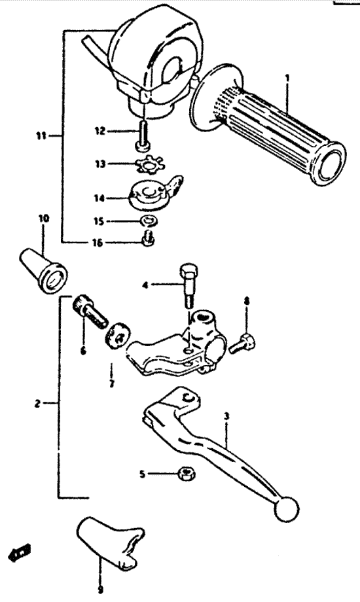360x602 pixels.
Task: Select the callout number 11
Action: click(x=41, y=135)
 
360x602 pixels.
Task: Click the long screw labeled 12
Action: click(x=143, y=136)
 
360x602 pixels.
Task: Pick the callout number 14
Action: click(x=99, y=198)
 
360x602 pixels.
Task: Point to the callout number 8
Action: click(x=246, y=301)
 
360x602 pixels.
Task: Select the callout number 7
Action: click(x=111, y=383)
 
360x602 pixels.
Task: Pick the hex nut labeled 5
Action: click(x=187, y=474)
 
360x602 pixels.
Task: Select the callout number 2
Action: click(x=37, y=404)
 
